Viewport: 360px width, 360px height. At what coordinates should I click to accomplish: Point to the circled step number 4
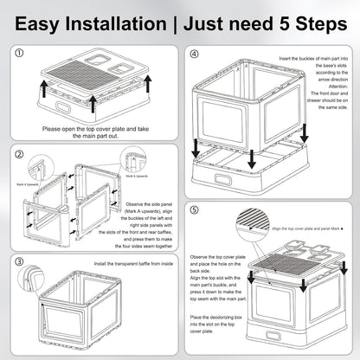(194, 53)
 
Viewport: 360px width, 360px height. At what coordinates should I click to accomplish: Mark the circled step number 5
(194, 210)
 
